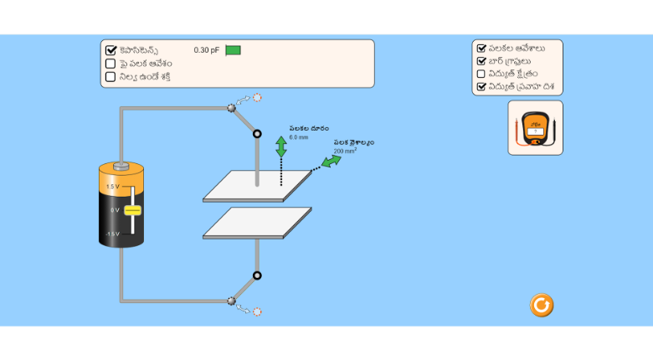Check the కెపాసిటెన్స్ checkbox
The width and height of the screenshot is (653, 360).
111,50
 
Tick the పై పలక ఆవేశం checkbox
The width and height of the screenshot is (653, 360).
111,64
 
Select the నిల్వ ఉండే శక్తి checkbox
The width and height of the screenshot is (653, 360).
111,77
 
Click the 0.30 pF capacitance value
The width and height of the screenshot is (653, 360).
206,50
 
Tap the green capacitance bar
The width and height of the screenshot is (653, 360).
233,50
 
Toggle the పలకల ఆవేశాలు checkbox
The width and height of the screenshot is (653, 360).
481,48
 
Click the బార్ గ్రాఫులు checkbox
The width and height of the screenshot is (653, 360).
481,61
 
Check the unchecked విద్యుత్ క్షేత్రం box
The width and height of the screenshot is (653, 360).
481,74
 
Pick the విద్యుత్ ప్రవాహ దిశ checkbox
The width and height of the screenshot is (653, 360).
481,86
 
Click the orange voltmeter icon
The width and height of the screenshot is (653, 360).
535,128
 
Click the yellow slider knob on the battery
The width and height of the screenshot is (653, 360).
132,210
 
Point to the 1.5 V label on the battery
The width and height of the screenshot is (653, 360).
112,187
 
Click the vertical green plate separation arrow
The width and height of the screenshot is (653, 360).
281,147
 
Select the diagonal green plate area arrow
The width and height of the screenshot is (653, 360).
332,161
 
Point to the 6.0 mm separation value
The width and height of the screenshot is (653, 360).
299,136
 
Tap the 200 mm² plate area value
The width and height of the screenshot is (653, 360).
345,152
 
